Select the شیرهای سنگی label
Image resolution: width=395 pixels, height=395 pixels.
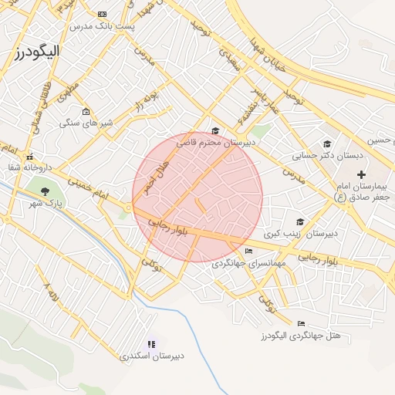pos(86,123)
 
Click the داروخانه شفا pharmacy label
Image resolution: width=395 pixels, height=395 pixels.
pos(29,167)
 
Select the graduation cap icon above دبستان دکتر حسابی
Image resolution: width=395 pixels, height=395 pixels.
pos(327,143)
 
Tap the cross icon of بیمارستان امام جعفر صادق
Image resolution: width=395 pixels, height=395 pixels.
pos(360,175)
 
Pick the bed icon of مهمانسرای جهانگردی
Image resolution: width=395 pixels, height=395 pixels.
pos(248,251)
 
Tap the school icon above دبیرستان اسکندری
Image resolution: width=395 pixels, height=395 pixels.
pos(151,343)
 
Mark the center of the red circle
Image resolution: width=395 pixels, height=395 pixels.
pos(197,197)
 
